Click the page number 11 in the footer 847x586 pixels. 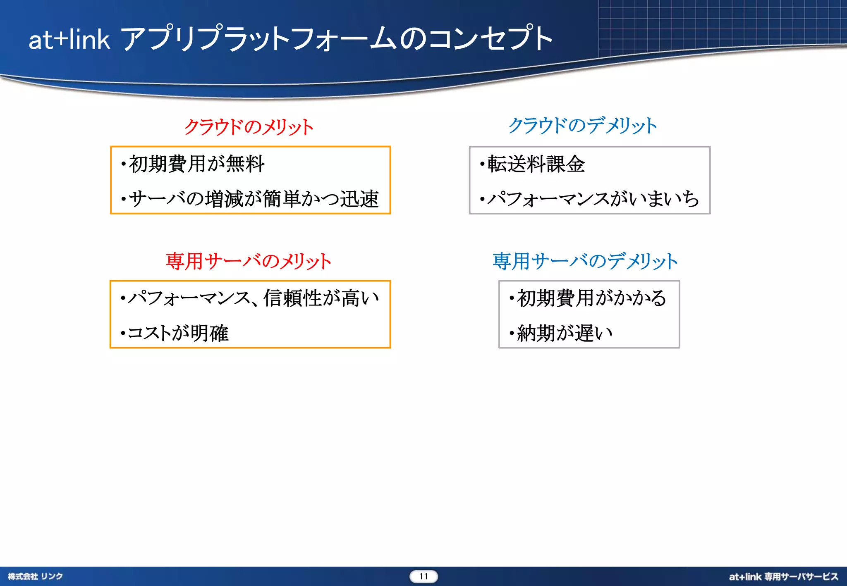tap(423, 576)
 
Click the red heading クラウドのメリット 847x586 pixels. tap(249, 127)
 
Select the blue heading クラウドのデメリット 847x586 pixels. tap(582, 126)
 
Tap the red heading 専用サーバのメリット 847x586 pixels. tap(249, 261)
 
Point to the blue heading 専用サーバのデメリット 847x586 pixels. tap(585, 261)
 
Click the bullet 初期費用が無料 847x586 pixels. tap(196, 164)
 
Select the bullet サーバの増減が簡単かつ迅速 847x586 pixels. tap(254, 199)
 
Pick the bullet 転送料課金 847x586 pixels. tap(536, 164)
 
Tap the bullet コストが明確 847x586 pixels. tap(178, 333)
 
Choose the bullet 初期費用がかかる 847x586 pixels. tap(591, 298)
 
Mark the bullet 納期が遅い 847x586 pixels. tap(565, 333)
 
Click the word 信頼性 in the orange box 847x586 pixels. tap(292, 298)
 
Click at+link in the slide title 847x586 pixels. tap(69, 40)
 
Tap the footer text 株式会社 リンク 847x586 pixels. tap(35, 576)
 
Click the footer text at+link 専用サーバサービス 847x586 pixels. tap(783, 576)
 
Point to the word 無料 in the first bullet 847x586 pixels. tap(245, 164)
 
